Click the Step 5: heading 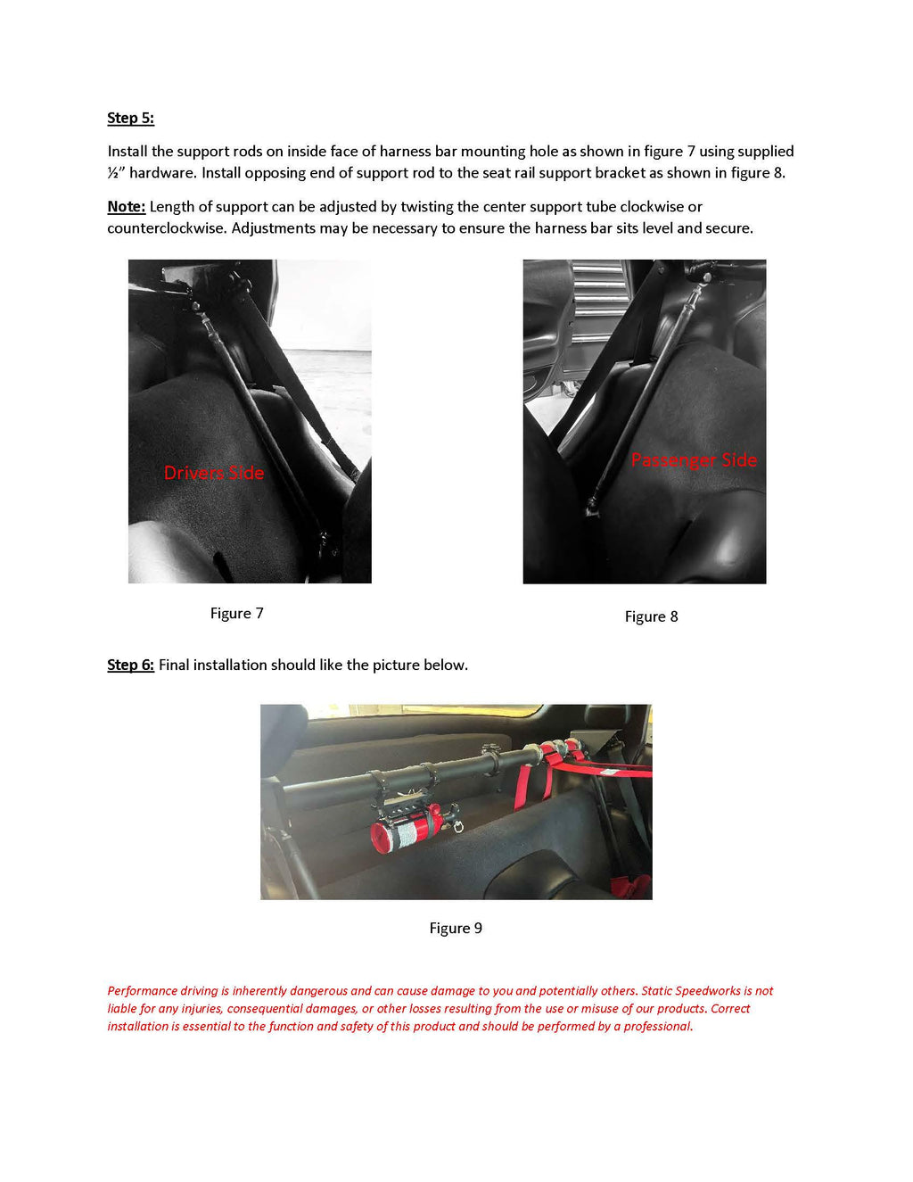pyautogui.click(x=130, y=118)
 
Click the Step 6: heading pyautogui.click(x=130, y=665)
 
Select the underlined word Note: pyautogui.click(x=126, y=206)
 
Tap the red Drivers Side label pyautogui.click(x=214, y=473)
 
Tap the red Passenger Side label pyautogui.click(x=694, y=460)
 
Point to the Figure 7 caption pyautogui.click(x=236, y=613)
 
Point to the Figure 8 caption pyautogui.click(x=651, y=616)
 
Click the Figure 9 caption pyautogui.click(x=456, y=928)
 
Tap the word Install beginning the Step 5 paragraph pyautogui.click(x=127, y=152)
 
